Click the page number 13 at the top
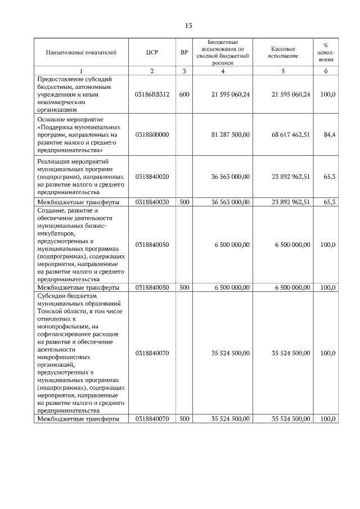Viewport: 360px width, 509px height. point(188,25)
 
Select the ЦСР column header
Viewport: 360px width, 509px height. point(151,52)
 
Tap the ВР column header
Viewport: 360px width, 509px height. point(184,52)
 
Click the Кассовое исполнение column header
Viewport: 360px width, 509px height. point(283,52)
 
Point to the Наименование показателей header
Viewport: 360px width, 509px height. point(81,52)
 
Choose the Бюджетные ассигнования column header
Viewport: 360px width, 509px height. point(223,52)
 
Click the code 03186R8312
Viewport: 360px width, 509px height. point(151,94)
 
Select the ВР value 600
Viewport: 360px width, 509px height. point(184,94)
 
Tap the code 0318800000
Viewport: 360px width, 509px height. point(151,135)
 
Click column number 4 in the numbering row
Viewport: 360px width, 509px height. point(223,71)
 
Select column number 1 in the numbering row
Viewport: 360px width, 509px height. point(81,71)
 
